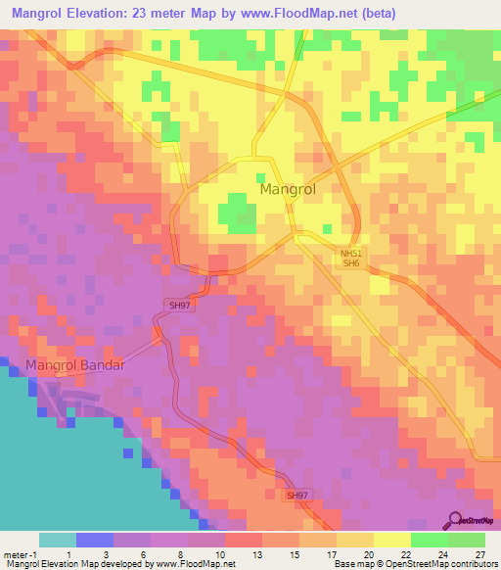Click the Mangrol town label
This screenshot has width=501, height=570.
click(x=288, y=189)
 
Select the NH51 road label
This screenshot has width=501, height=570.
click(x=350, y=254)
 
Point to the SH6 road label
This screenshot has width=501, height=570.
click(x=350, y=263)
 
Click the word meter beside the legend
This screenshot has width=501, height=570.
click(x=15, y=553)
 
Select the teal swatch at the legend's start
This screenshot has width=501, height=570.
click(x=57, y=540)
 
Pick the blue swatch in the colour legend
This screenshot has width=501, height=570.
click(x=94, y=540)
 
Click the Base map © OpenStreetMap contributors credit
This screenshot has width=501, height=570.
click(x=415, y=564)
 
